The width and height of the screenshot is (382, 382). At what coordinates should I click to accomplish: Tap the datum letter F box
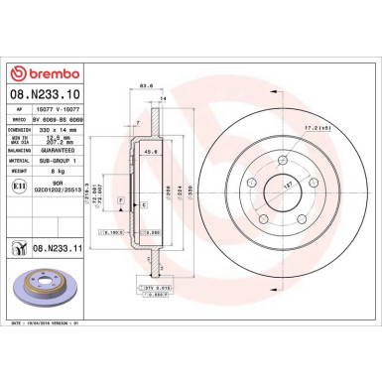[121, 200]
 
